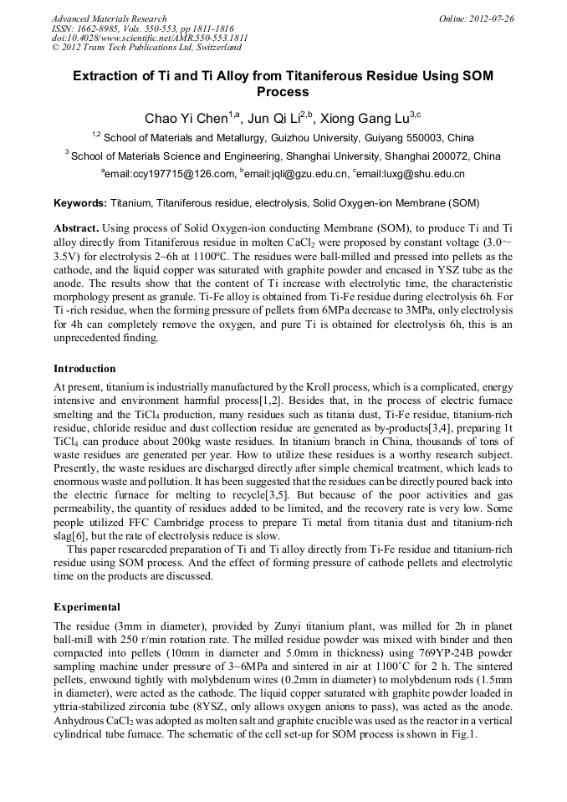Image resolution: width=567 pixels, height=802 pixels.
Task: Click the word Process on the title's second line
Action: click(x=283, y=92)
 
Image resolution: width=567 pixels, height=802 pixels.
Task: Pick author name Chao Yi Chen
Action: click(x=180, y=119)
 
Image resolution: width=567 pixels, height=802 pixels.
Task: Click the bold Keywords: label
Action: click(x=80, y=203)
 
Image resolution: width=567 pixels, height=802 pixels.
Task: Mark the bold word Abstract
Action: click(x=76, y=228)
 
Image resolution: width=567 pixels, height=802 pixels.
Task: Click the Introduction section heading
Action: click(x=84, y=369)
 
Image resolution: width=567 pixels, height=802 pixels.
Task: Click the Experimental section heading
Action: click(x=87, y=606)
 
